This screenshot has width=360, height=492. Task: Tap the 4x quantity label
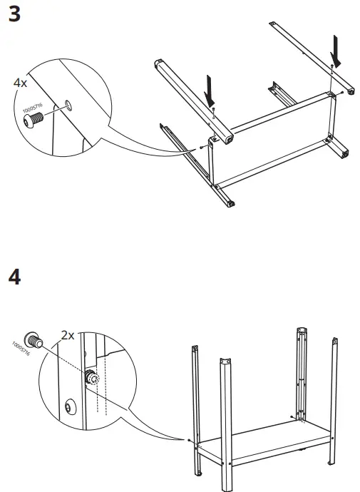coord(20,83)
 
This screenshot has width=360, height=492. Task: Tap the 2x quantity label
coord(68,334)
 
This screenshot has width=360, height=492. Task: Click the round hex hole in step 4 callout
coord(68,408)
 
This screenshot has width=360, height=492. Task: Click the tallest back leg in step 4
coord(300,371)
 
